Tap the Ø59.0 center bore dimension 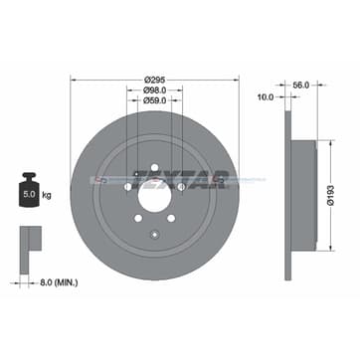click(153, 100)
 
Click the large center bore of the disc click(153, 194)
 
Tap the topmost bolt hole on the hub click(153, 165)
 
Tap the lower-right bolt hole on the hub click(170, 216)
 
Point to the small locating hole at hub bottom click(153, 236)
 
